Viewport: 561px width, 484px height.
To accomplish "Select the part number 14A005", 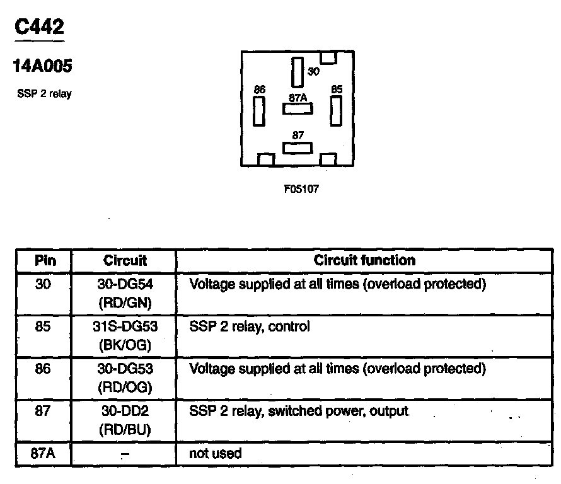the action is point(42,66).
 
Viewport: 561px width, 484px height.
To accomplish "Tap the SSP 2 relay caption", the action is point(44,95).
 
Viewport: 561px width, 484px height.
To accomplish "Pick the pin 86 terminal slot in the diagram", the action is point(258,112).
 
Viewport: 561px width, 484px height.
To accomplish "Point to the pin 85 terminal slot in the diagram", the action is point(335,112).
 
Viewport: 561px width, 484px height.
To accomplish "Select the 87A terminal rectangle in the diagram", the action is point(298,108).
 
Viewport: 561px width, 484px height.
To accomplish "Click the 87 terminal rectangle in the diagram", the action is point(298,147).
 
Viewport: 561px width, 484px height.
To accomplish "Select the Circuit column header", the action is point(125,260).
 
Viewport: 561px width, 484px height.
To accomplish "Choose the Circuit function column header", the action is point(365,260).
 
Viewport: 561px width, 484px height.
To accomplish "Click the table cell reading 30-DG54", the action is point(125,284).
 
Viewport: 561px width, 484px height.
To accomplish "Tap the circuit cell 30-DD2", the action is point(125,412).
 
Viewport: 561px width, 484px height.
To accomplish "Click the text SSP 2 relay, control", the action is point(250,327).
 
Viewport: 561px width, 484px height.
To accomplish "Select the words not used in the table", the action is point(216,453).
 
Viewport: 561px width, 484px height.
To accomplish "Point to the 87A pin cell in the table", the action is point(43,453).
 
